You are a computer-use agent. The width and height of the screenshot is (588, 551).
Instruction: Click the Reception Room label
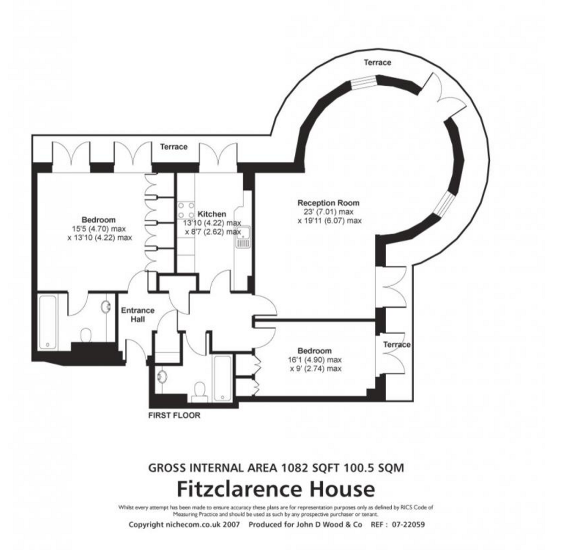(x=328, y=203)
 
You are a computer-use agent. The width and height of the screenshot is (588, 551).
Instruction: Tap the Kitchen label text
(x=212, y=214)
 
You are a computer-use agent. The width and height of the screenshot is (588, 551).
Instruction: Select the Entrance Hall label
(x=137, y=315)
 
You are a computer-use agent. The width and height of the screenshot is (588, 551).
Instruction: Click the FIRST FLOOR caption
(x=174, y=415)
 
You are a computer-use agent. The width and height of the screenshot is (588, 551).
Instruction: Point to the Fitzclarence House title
(x=275, y=489)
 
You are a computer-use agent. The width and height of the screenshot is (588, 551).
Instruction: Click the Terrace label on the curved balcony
(x=377, y=62)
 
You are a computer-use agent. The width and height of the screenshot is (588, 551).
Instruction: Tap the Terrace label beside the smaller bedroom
(x=396, y=344)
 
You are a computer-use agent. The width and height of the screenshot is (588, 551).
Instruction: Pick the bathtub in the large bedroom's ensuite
(x=48, y=321)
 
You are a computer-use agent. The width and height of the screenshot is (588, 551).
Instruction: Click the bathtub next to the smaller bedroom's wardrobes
(x=222, y=378)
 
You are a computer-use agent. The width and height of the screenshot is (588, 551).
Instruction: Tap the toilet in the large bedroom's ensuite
(x=86, y=335)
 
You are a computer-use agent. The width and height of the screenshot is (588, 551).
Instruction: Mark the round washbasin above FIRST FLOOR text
(x=163, y=377)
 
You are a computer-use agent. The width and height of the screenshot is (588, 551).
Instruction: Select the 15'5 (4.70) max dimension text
(x=99, y=229)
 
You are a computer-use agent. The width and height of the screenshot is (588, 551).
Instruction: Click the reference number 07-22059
(x=408, y=524)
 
